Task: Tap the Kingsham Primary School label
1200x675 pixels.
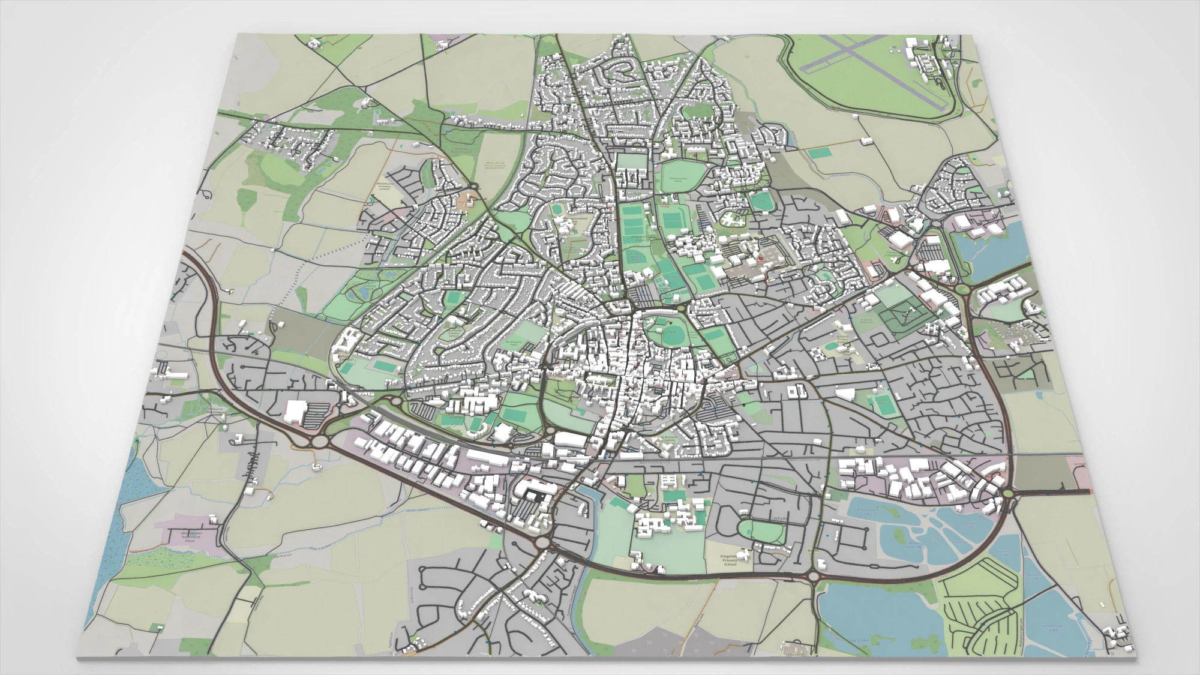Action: pyautogui.click(x=730, y=560)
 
